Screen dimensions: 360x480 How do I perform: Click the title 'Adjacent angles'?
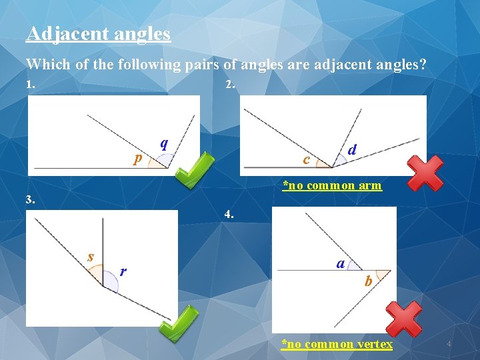coord(98,33)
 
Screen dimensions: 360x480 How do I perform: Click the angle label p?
coord(138,158)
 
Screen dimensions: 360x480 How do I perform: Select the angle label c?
coord(306,159)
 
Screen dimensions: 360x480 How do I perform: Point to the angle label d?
coord(352,150)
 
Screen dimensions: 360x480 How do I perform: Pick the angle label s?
coord(91,256)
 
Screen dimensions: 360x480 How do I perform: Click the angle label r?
coord(123,271)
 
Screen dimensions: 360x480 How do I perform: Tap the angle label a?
coord(341,263)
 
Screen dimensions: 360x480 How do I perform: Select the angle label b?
coord(368,281)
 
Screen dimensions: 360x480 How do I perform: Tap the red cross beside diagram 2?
coord(425,173)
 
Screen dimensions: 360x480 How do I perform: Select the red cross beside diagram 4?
coord(404,318)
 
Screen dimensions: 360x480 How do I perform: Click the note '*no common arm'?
coord(332,185)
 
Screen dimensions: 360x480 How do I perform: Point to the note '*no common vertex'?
coord(337,344)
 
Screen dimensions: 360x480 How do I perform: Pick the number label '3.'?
coord(30,199)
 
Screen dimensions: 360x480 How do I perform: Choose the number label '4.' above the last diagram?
coord(229,215)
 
